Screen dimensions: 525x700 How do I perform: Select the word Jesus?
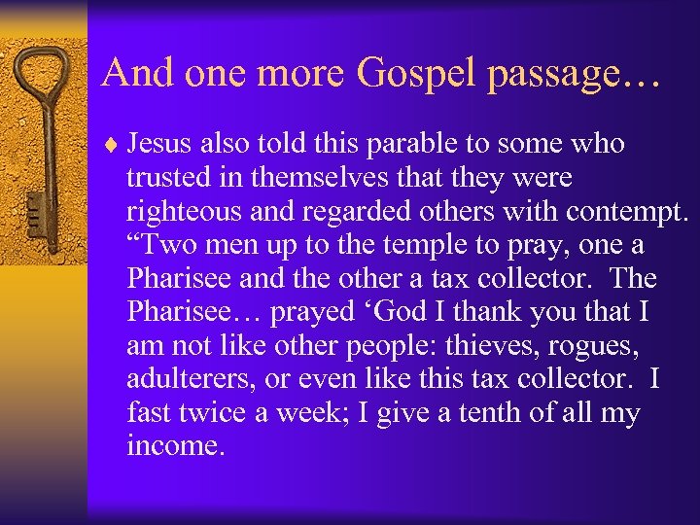point(161,145)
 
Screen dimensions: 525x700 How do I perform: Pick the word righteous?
point(186,212)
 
